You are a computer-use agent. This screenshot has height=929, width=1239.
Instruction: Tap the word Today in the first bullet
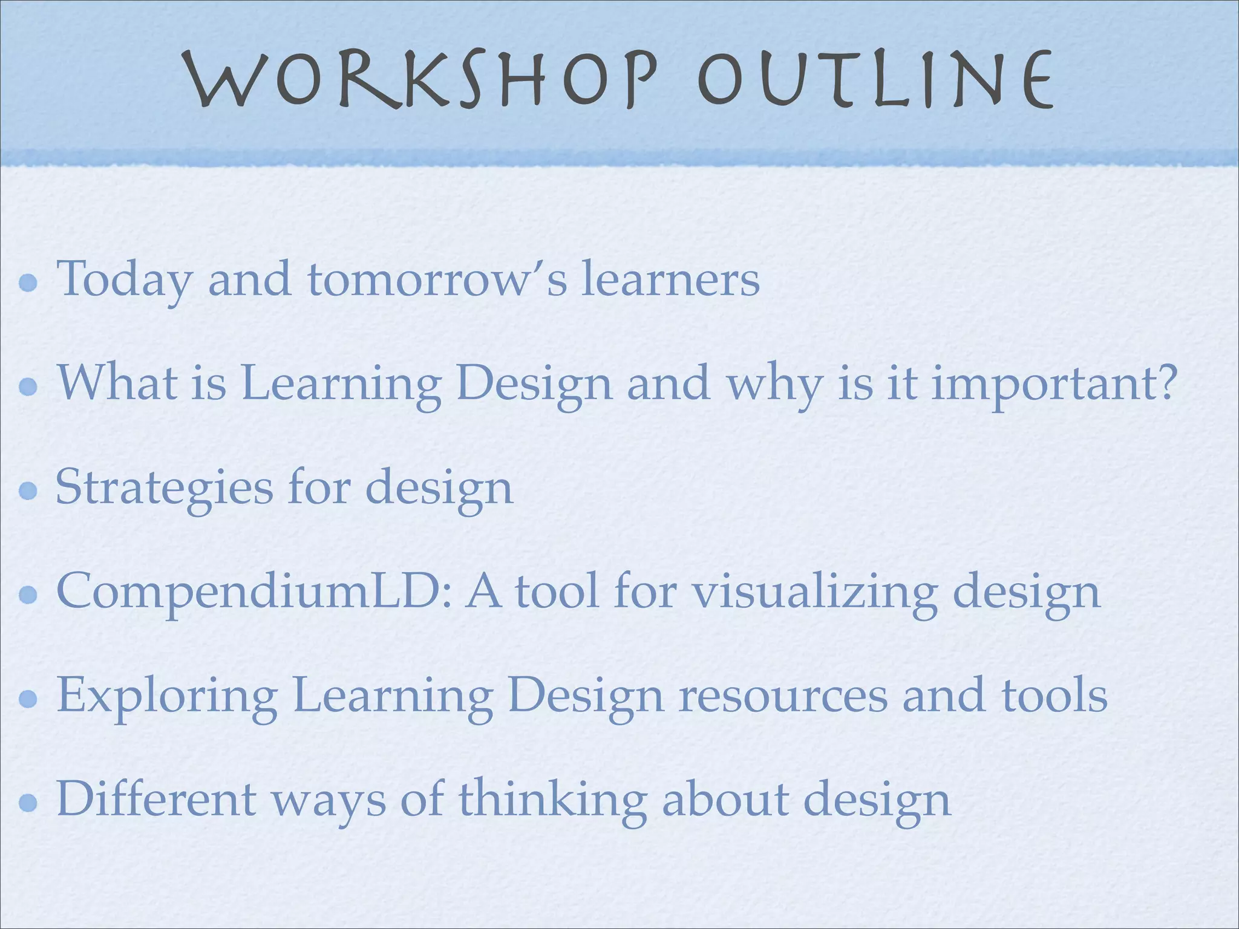124,279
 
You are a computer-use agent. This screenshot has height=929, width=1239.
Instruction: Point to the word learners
670,279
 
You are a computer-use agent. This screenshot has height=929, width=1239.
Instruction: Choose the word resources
783,696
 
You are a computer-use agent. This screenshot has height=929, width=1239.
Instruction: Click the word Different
156,800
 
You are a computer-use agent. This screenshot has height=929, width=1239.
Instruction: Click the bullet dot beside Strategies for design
28,491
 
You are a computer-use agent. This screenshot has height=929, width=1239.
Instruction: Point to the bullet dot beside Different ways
28,803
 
